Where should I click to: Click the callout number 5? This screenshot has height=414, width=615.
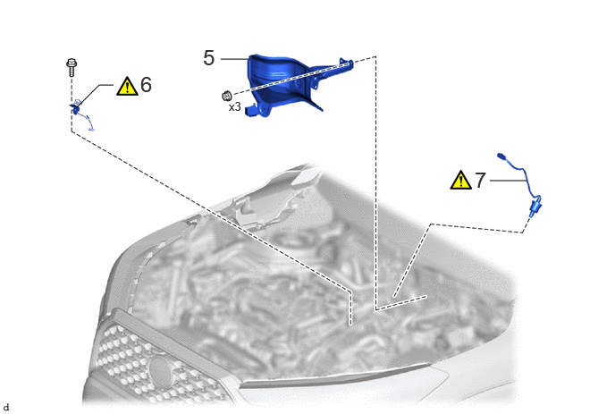coord(209,58)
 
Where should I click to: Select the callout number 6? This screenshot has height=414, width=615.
coord(146,85)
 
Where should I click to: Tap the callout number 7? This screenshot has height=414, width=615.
coord(481,181)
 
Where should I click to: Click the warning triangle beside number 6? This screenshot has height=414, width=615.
coord(127,87)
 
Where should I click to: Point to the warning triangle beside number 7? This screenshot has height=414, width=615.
coord(461,180)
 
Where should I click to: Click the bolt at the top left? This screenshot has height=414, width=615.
coord(72,67)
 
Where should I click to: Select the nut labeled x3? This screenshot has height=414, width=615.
coord(227,96)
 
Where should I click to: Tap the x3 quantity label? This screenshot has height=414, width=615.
coord(234,106)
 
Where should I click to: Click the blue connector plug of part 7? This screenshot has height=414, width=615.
coord(535,207)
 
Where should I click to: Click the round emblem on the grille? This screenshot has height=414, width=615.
coord(161,370)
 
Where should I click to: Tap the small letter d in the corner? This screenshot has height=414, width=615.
coord(5,408)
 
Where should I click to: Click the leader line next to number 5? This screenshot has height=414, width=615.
coord(234,59)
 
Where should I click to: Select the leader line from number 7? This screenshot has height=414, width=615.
coord(508,181)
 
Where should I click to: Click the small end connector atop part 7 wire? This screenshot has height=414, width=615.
coord(501,156)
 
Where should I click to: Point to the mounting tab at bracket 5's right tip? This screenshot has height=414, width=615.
coord(347,63)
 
